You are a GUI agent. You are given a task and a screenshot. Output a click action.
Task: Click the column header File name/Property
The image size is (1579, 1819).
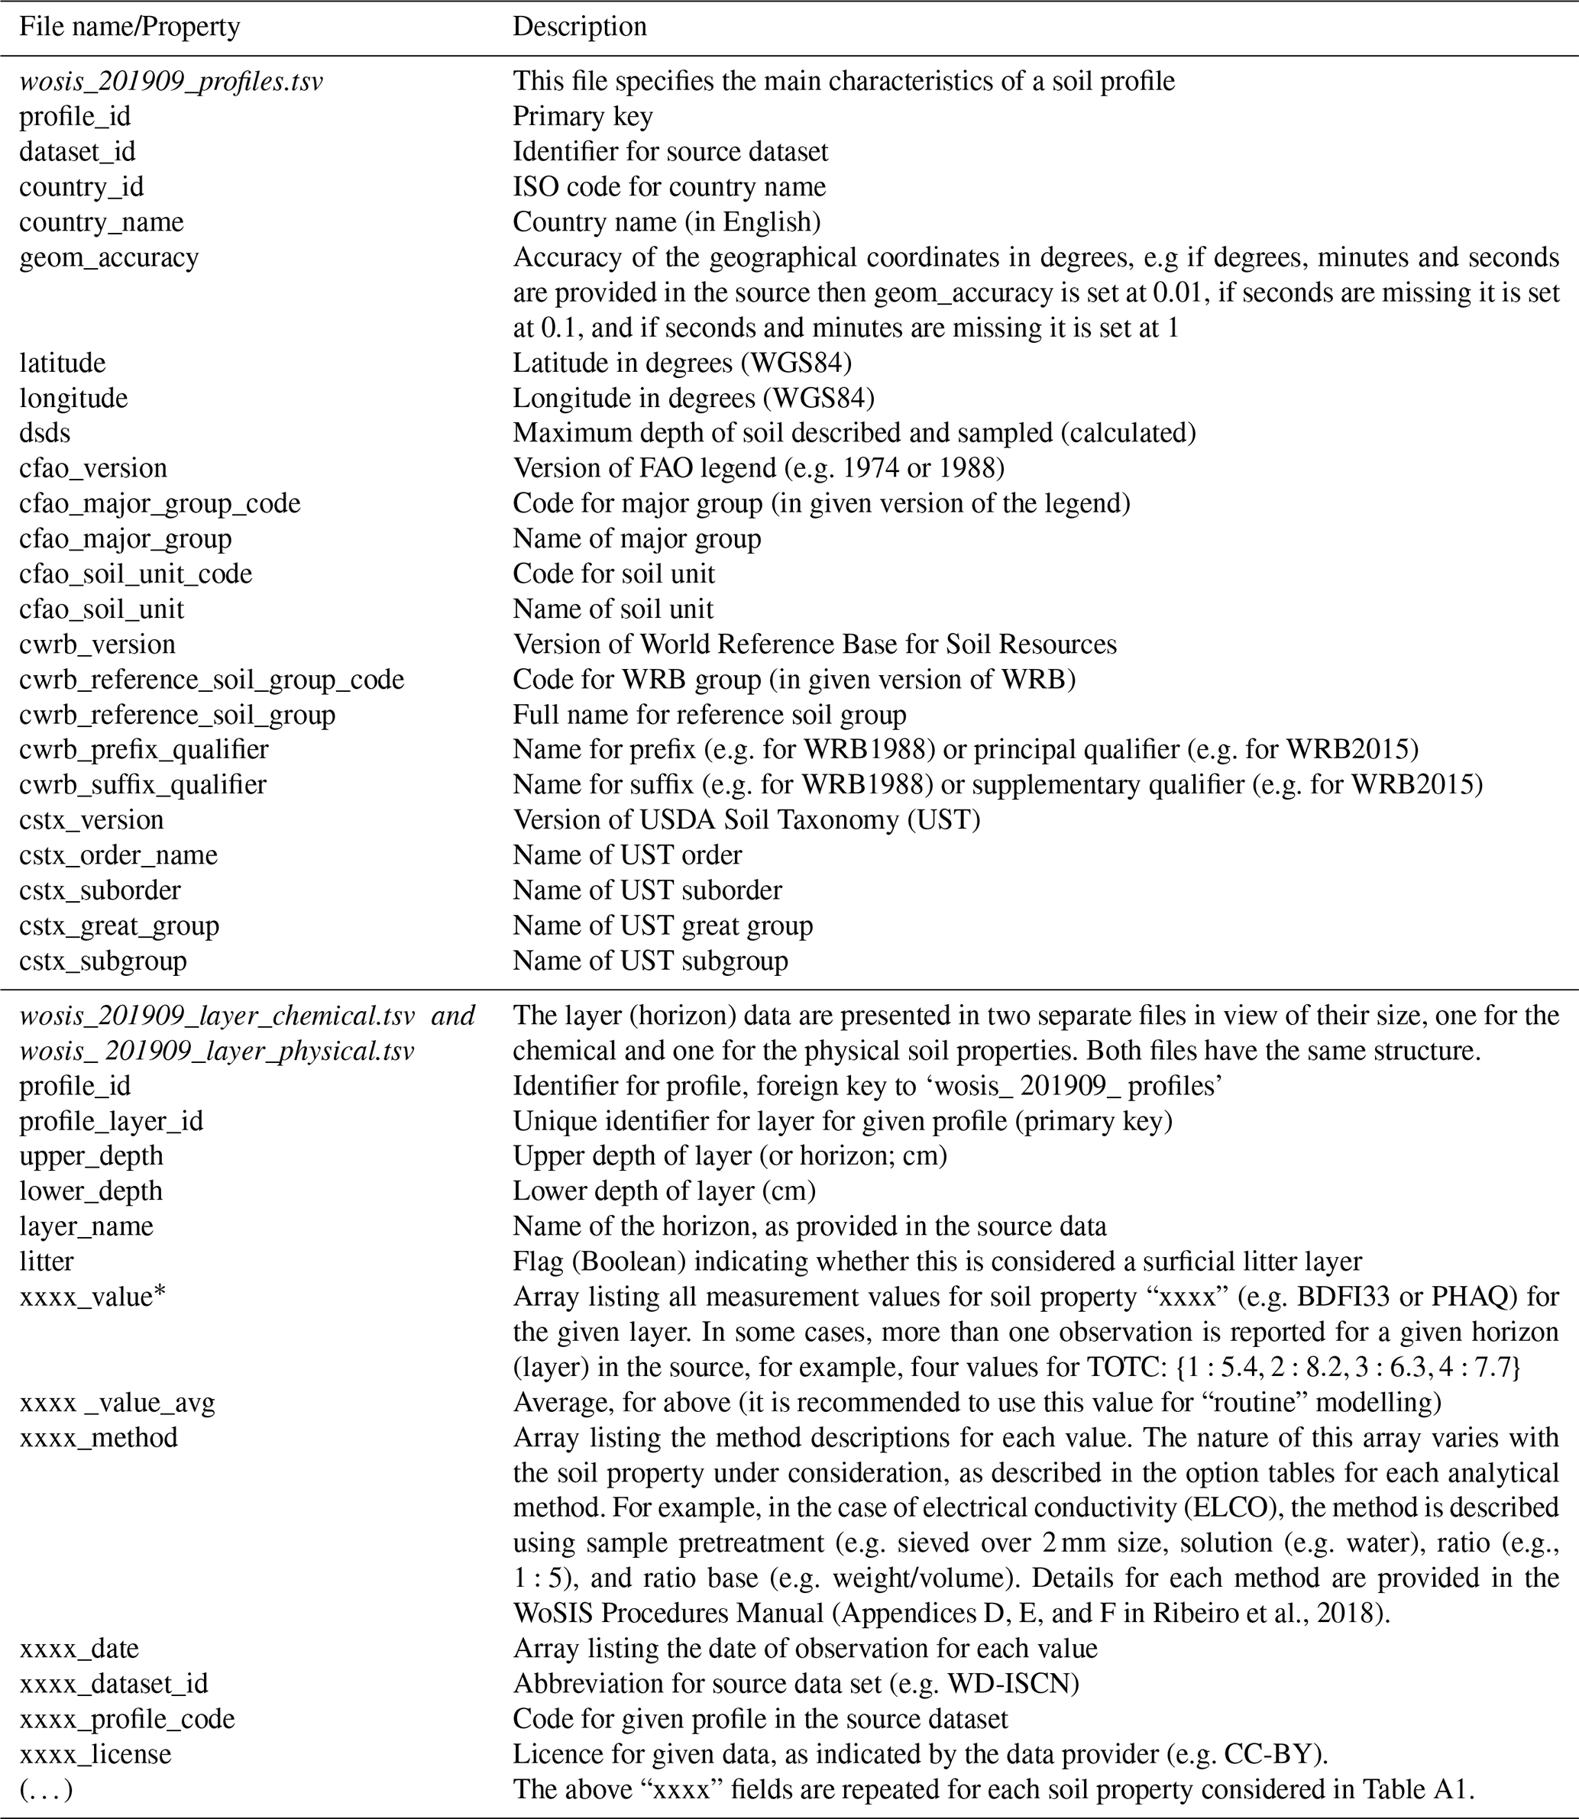tap(130, 27)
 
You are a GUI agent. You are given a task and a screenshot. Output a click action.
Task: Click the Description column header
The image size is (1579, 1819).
tap(580, 27)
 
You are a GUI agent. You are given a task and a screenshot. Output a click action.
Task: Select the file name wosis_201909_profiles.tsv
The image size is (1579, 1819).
tap(171, 82)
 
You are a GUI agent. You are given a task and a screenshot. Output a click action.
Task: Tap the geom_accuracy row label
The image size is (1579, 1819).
tap(109, 258)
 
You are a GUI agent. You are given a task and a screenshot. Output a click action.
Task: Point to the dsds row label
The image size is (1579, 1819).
tap(45, 434)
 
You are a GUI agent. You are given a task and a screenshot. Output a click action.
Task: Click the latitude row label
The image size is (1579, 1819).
tap(63, 363)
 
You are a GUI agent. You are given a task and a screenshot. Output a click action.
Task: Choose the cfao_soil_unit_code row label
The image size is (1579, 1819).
tap(136, 574)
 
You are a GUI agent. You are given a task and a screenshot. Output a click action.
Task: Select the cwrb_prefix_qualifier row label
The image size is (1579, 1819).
tap(144, 750)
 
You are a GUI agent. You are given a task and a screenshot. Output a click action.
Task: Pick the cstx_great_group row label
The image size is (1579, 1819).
tap(119, 926)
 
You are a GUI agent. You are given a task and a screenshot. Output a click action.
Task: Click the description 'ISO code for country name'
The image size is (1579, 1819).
tap(670, 188)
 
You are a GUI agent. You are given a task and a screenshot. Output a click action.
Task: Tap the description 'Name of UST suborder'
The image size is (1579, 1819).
tap(648, 890)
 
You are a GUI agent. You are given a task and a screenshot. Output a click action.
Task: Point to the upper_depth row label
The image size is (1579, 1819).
tap(92, 1155)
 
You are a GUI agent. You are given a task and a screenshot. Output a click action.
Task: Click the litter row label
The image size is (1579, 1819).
tap(47, 1262)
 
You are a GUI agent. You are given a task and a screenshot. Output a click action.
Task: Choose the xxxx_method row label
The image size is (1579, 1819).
tap(99, 1438)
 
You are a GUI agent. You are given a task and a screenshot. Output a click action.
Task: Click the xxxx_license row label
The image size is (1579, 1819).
tap(95, 1754)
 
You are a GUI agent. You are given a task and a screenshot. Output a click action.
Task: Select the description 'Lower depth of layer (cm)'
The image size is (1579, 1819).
tap(665, 1191)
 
